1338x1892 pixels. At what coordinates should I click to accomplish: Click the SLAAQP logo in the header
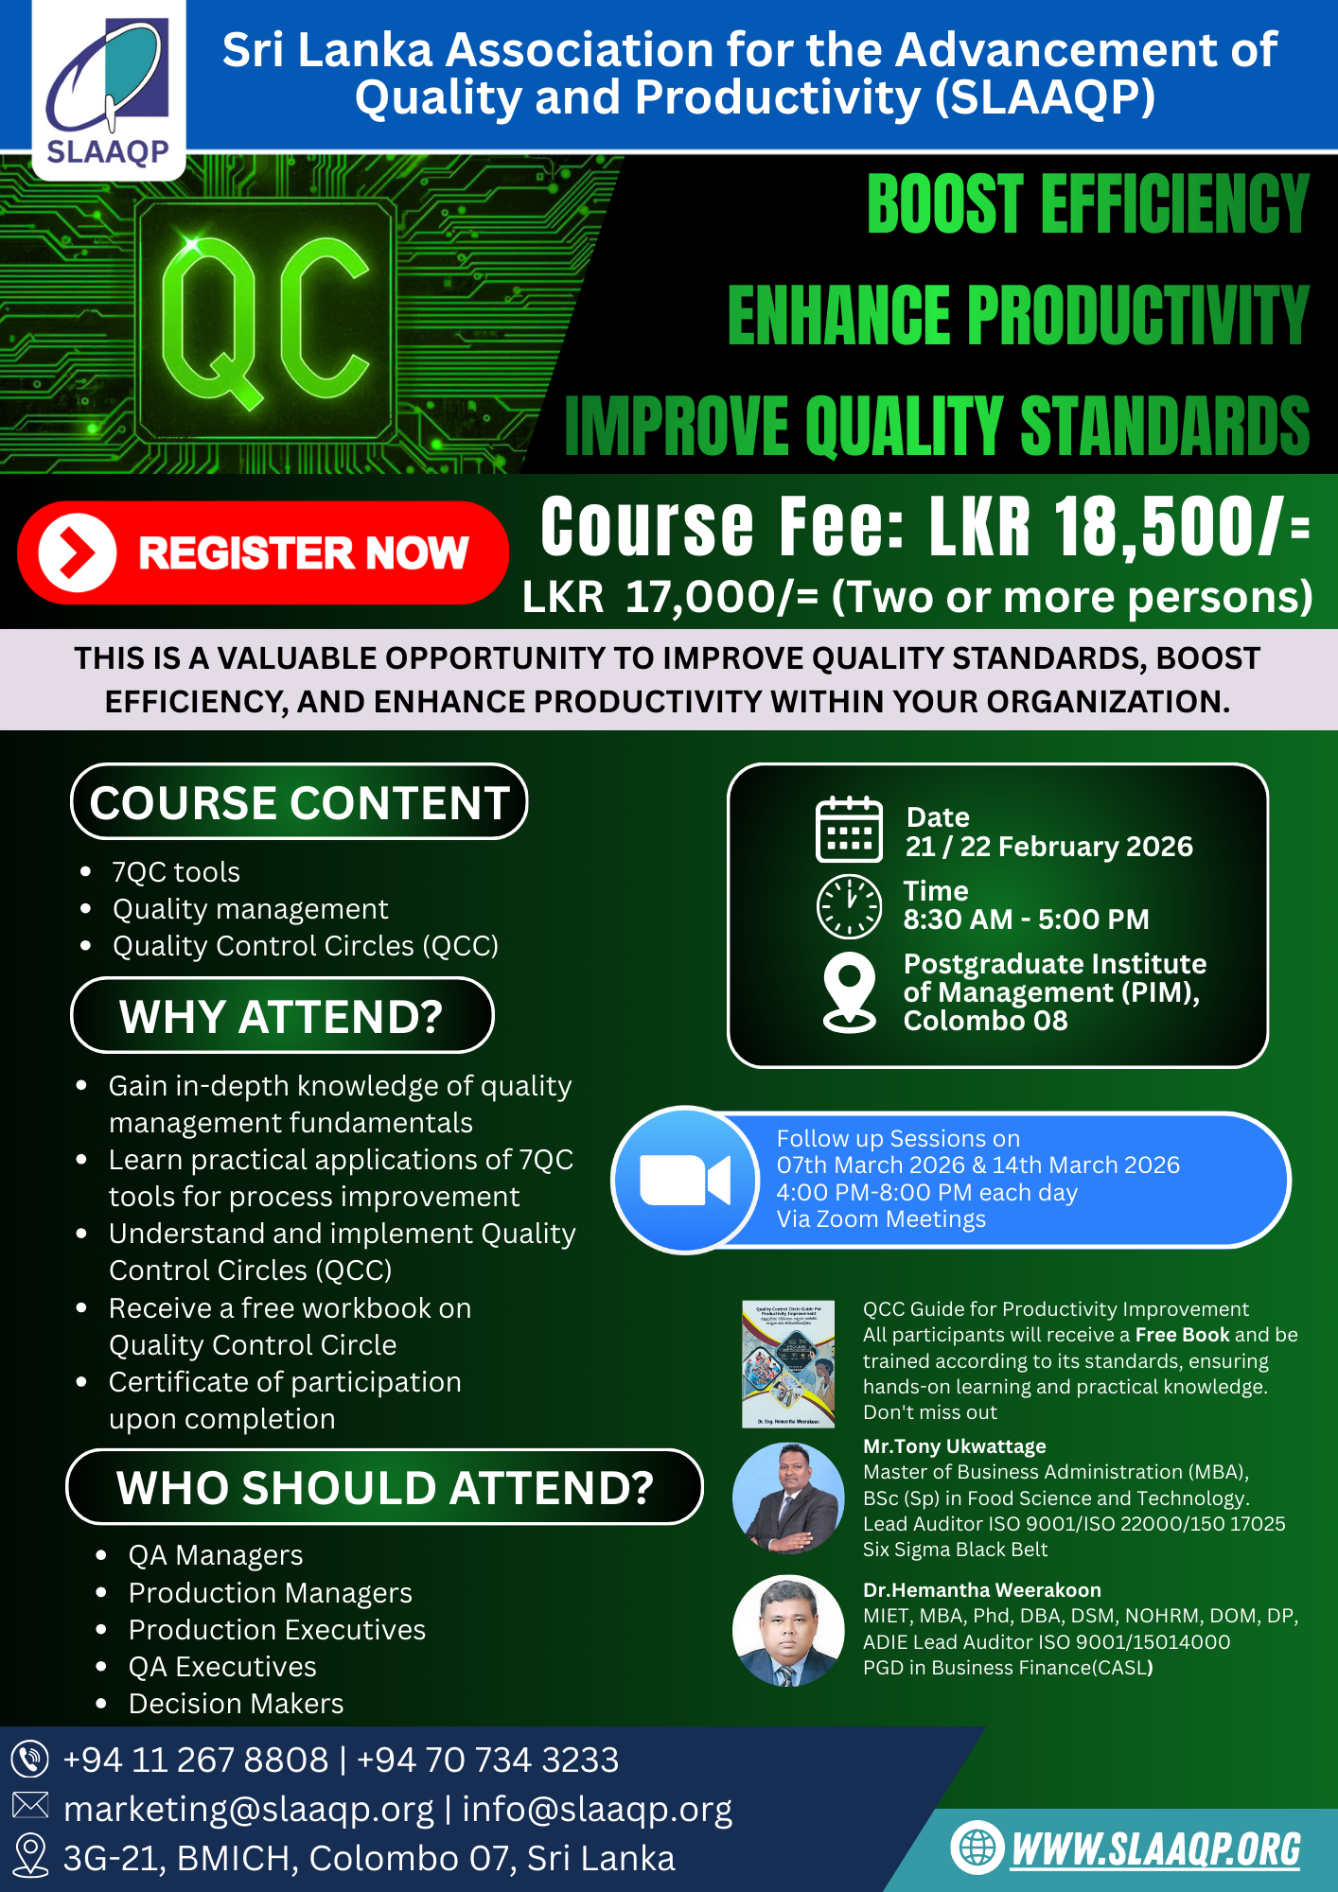click(109, 90)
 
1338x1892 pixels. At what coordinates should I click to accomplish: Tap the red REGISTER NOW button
click(262, 552)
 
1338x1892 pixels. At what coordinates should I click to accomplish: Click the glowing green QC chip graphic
click(266, 322)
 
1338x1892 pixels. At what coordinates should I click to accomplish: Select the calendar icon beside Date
click(849, 830)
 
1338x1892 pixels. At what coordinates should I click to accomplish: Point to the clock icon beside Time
click(849, 905)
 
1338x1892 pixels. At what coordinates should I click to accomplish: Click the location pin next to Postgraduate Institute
click(850, 991)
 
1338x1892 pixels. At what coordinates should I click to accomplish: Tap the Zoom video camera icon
click(685, 1180)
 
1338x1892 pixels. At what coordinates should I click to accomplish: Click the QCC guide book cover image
click(788, 1364)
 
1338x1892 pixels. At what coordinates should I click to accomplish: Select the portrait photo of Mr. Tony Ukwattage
click(788, 1498)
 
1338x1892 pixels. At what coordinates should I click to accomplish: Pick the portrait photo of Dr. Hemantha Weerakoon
click(788, 1631)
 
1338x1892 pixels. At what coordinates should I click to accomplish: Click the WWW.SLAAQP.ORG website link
click(1155, 1850)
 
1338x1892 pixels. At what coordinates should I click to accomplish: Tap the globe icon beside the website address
click(977, 1847)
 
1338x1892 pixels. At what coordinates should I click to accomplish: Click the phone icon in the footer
click(29, 1760)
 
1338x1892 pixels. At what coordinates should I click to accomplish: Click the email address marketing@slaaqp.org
click(249, 1810)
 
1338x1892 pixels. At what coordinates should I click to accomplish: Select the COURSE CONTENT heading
click(299, 802)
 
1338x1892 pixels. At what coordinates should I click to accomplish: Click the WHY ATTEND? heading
click(282, 1016)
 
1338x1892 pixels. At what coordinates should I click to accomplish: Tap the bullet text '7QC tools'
click(176, 871)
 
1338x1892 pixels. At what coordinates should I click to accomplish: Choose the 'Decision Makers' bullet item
click(237, 1704)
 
